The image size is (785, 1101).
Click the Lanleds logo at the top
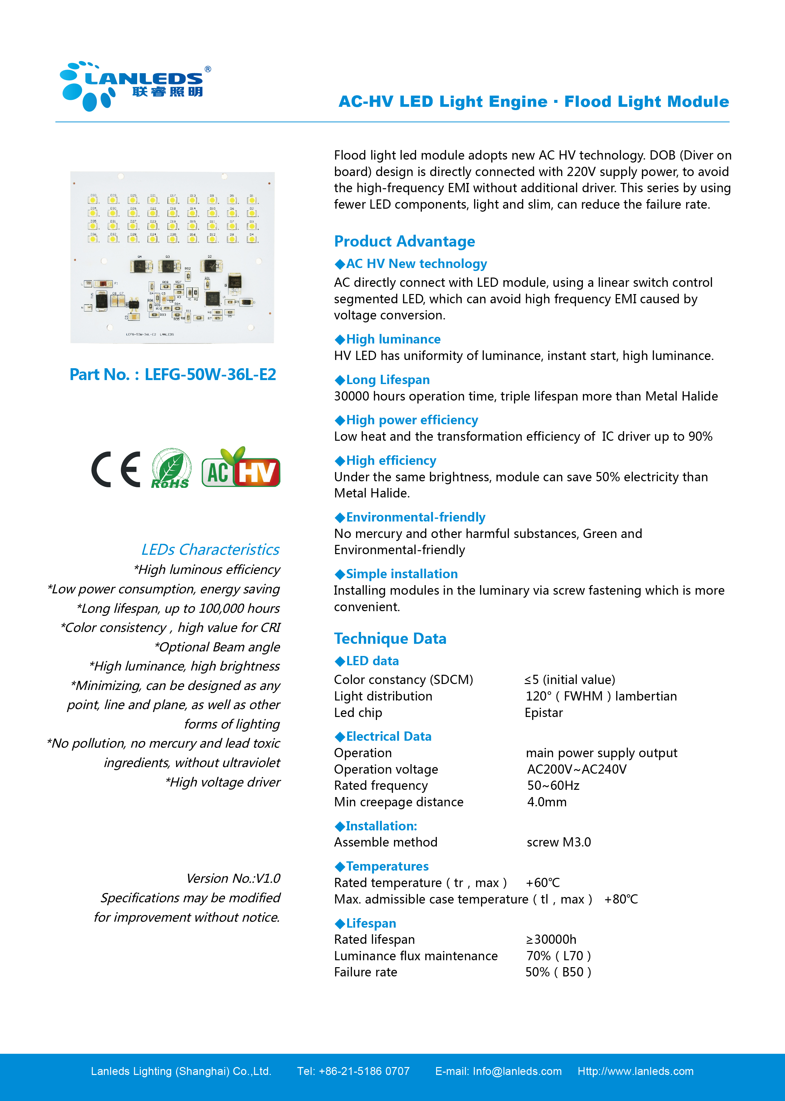coord(135,86)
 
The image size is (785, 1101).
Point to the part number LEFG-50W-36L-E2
coord(210,374)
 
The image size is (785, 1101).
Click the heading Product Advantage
coord(404,241)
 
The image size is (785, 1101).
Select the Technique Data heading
coord(390,639)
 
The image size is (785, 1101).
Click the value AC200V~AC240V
coord(576,769)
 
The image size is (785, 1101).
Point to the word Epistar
coord(544,713)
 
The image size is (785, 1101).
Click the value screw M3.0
coord(559,843)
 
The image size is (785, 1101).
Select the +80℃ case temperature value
coord(621,900)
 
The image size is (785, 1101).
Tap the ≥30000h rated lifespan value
coord(551,939)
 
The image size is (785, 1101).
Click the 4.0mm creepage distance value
coord(547,802)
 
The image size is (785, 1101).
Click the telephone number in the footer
coord(364,1071)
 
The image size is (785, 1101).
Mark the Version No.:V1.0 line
coord(233,878)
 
